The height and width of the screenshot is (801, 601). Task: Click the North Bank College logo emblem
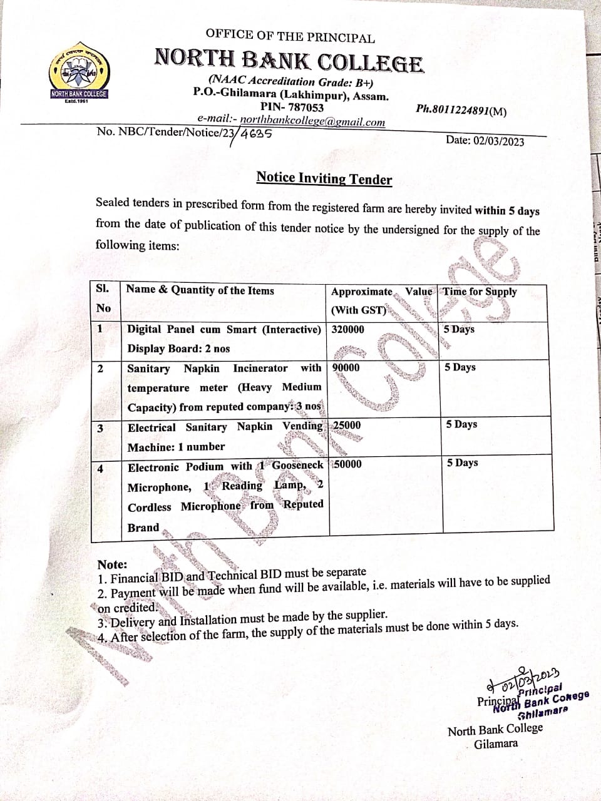click(79, 74)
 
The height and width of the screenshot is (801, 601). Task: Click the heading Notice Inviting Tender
click(324, 178)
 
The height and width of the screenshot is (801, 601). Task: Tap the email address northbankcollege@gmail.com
click(312, 121)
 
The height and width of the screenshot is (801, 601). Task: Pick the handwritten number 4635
click(255, 133)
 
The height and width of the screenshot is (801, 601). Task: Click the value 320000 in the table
click(347, 329)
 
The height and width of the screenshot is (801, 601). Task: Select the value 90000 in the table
click(346, 367)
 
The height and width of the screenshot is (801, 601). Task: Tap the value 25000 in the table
click(347, 426)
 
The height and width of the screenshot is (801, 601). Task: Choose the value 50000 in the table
click(347, 464)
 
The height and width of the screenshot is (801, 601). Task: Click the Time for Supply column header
click(480, 291)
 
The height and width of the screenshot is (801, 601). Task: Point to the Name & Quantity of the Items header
click(200, 290)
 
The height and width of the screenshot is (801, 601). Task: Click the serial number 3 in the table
click(100, 427)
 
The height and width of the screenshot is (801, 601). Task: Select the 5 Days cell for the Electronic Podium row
click(462, 462)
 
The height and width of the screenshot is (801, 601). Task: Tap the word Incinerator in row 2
click(260, 368)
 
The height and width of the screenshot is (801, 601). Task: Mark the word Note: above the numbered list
click(112, 564)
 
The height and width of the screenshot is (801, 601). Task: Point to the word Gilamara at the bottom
click(495, 744)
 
